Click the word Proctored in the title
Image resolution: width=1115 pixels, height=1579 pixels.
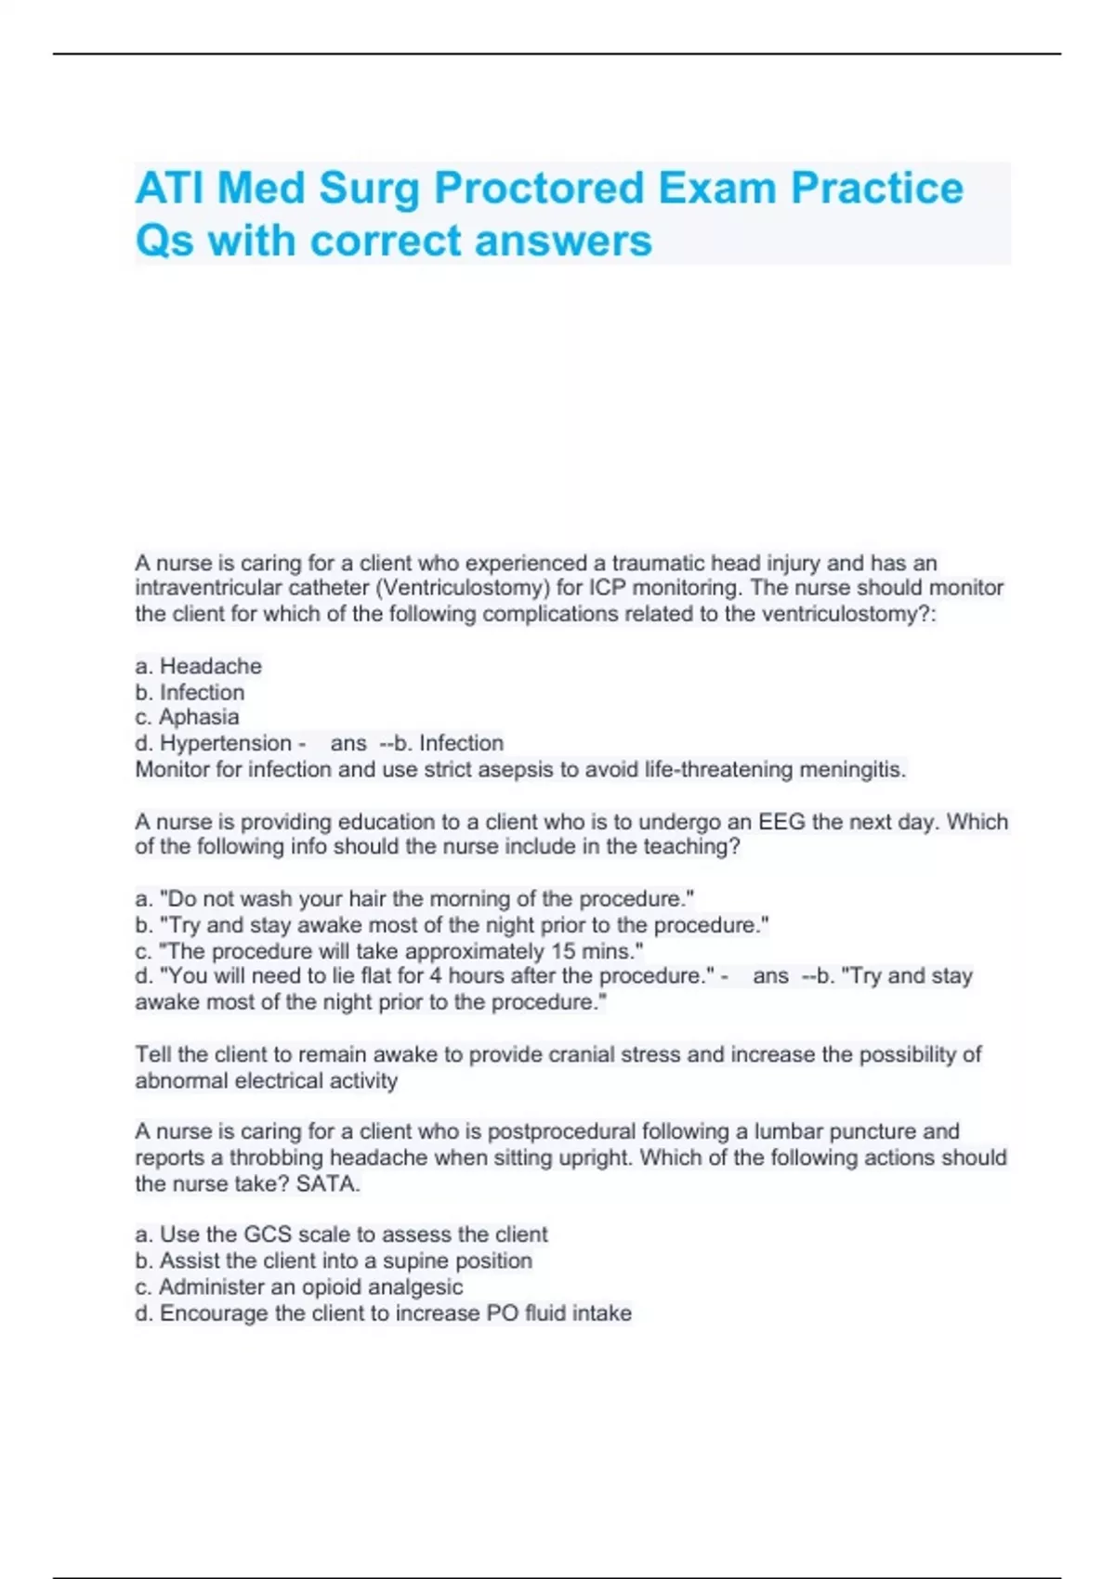point(538,188)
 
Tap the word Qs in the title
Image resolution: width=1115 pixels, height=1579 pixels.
point(164,241)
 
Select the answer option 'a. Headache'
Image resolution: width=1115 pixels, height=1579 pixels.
point(198,666)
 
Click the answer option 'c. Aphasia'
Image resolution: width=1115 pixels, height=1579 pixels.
point(187,717)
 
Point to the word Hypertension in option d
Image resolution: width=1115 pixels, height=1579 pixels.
point(226,743)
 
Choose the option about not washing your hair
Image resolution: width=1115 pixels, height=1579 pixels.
point(414,899)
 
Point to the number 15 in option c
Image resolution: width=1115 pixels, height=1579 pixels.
point(563,951)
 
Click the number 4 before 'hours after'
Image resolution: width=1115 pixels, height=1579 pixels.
point(435,976)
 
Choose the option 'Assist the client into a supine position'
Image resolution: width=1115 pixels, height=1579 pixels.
point(334,1260)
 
